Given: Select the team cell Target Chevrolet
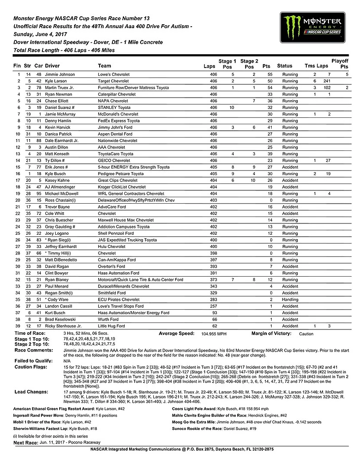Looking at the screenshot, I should pyautogui.click(x=114, y=81).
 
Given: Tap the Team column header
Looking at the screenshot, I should pyautogui.click(x=105, y=66).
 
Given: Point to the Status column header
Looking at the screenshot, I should pyautogui.click(x=285, y=66).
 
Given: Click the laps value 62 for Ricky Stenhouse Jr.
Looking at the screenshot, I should pyautogui.click(x=214, y=325).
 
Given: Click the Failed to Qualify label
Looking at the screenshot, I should pyautogui.click(x=31, y=361).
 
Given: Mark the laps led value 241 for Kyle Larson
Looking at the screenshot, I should pyautogui.click(x=326, y=81).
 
